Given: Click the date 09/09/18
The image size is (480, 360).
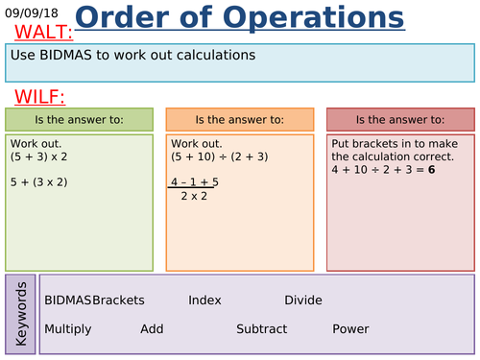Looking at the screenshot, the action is tap(32, 13).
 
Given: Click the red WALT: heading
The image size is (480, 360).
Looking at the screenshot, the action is tap(44, 32).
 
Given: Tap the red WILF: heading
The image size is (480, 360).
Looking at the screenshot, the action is tap(39, 97).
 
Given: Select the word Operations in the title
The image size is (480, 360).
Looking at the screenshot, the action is tap(313, 17).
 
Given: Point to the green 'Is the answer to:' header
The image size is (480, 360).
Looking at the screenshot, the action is tap(79, 120).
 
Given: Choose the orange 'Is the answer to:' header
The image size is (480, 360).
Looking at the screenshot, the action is tap(240, 120).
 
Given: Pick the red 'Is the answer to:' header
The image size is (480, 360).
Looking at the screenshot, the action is tap(400, 120).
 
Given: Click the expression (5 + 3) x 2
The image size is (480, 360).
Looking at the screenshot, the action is tap(38, 156).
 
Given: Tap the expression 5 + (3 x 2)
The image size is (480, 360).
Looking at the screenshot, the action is tap(38, 182).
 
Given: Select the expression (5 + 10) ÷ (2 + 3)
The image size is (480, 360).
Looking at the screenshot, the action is tap(220, 156).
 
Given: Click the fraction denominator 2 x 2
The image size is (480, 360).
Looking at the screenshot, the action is tap(194, 196).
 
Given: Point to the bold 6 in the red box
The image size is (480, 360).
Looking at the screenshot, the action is tap(431, 170).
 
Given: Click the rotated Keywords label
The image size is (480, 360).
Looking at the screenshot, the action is tap(21, 314).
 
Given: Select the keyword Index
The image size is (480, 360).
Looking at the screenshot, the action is tap(204, 300).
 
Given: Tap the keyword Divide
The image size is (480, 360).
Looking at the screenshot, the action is tap(303, 300).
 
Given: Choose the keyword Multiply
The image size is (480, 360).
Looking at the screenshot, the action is tap(68, 329).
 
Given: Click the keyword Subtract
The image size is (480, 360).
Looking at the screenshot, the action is tap(262, 329).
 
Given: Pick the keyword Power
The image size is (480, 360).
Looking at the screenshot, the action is tap(350, 329).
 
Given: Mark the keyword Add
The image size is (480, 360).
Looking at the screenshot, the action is tap(152, 329).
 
